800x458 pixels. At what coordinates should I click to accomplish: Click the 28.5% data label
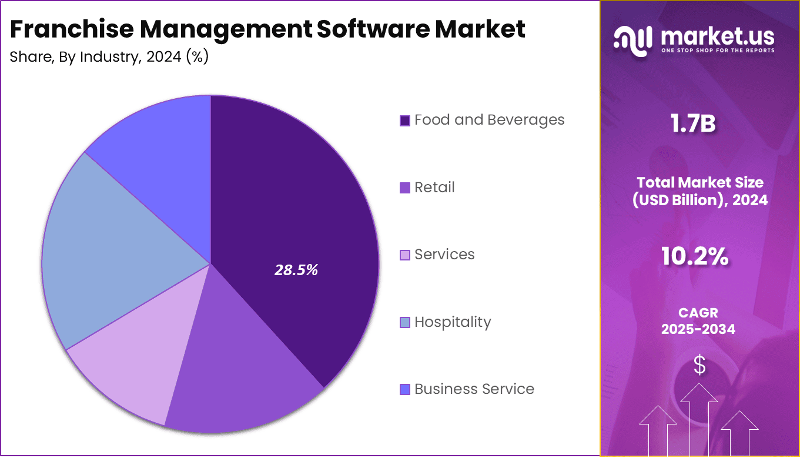point(296,270)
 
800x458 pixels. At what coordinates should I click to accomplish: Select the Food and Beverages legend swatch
point(404,121)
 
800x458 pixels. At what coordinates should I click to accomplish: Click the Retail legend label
point(434,188)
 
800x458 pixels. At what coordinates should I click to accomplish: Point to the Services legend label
point(444,255)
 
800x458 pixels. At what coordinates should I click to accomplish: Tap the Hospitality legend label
point(452,322)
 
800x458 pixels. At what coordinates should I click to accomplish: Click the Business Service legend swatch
point(404,389)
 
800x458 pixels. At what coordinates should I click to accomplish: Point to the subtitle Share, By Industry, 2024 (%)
point(109,57)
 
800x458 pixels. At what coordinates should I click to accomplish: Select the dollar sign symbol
point(699,366)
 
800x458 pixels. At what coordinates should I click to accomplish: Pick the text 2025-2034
point(698,329)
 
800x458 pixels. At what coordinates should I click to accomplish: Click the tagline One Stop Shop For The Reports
point(718,51)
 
